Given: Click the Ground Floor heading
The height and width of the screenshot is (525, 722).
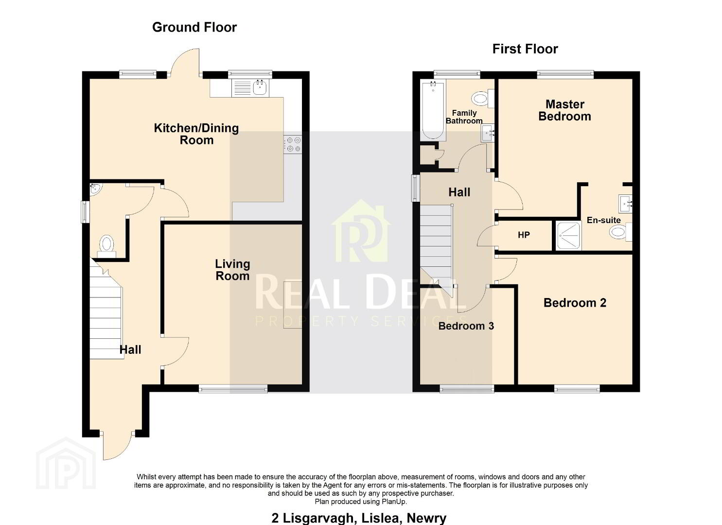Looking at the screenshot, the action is click(x=194, y=27).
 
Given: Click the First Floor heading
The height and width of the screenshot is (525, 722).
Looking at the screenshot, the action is click(x=525, y=49).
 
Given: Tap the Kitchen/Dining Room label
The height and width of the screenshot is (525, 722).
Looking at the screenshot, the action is click(x=196, y=134).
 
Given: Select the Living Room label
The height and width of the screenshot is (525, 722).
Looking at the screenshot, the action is click(x=232, y=270).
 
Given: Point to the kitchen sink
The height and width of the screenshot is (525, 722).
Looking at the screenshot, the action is click(x=250, y=87).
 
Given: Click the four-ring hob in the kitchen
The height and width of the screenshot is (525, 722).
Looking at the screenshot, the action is click(x=293, y=144).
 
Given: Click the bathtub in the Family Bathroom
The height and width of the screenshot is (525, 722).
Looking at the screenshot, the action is click(x=433, y=110).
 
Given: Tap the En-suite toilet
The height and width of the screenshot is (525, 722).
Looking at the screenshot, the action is click(x=620, y=232).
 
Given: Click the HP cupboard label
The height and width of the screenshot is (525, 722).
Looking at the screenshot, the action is click(x=524, y=235).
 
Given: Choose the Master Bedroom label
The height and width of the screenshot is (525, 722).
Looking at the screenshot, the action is click(x=564, y=110).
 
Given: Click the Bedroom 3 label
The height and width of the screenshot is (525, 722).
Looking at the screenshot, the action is click(x=466, y=326).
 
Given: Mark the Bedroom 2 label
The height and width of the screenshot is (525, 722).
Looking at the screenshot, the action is click(x=575, y=303).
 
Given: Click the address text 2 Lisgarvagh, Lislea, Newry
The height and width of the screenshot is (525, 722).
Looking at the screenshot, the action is click(x=359, y=518).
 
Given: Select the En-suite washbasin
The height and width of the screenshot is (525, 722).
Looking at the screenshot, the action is click(x=625, y=204).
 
